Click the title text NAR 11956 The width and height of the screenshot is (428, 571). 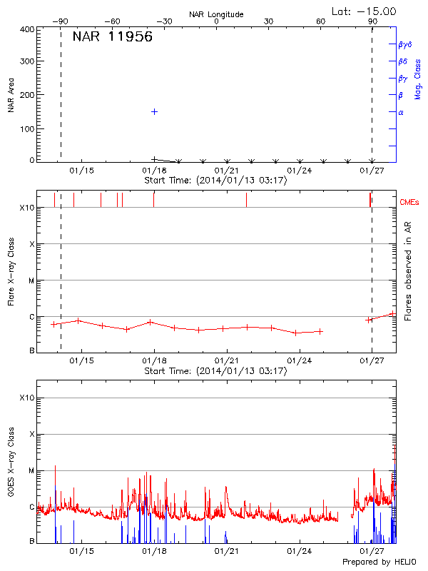tap(112, 37)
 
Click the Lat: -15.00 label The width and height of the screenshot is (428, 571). tap(365, 11)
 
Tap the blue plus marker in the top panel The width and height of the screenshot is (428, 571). tap(154, 112)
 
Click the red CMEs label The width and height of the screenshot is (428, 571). tap(410, 203)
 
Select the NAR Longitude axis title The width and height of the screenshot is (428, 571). tap(216, 14)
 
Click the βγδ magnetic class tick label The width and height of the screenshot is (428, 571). tap(405, 44)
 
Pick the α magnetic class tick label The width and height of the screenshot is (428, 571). tap(401, 112)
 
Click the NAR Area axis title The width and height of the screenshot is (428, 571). tap(11, 96)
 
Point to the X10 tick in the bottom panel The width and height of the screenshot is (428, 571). tap(27, 398)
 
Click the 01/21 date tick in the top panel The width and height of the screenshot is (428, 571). tap(227, 171)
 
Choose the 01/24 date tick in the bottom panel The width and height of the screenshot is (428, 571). tap(300, 552)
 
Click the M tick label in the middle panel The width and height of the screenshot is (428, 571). tap(31, 281)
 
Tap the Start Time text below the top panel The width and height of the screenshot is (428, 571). tap(215, 181)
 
